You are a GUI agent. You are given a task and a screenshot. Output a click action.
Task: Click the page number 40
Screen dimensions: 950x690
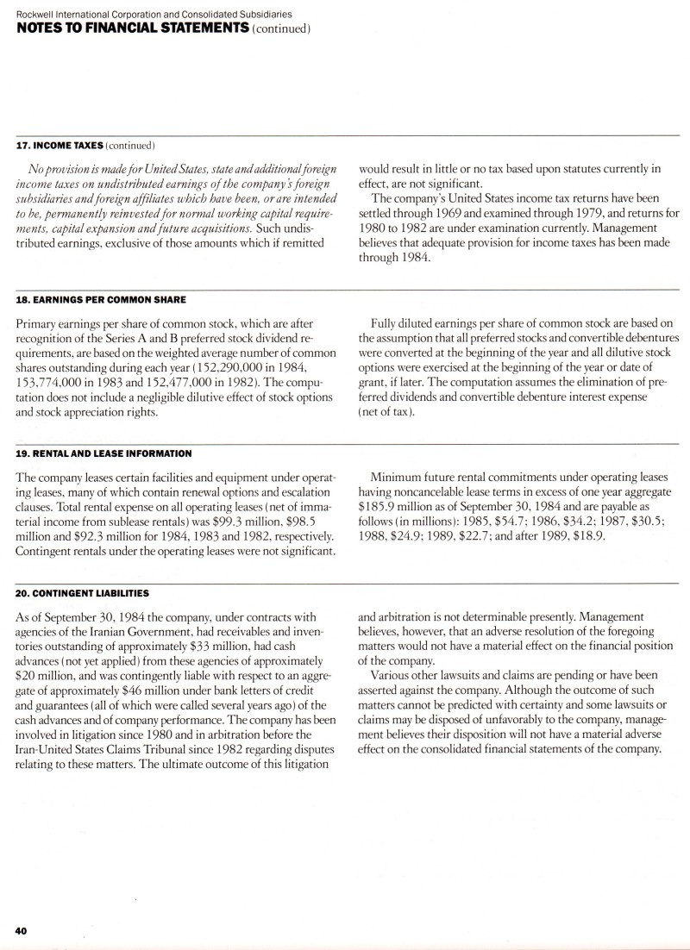tap(21, 930)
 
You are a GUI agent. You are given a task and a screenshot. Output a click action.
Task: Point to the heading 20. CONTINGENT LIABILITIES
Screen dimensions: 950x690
tap(82, 593)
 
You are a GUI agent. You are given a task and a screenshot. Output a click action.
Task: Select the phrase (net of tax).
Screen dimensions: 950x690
tap(386, 411)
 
